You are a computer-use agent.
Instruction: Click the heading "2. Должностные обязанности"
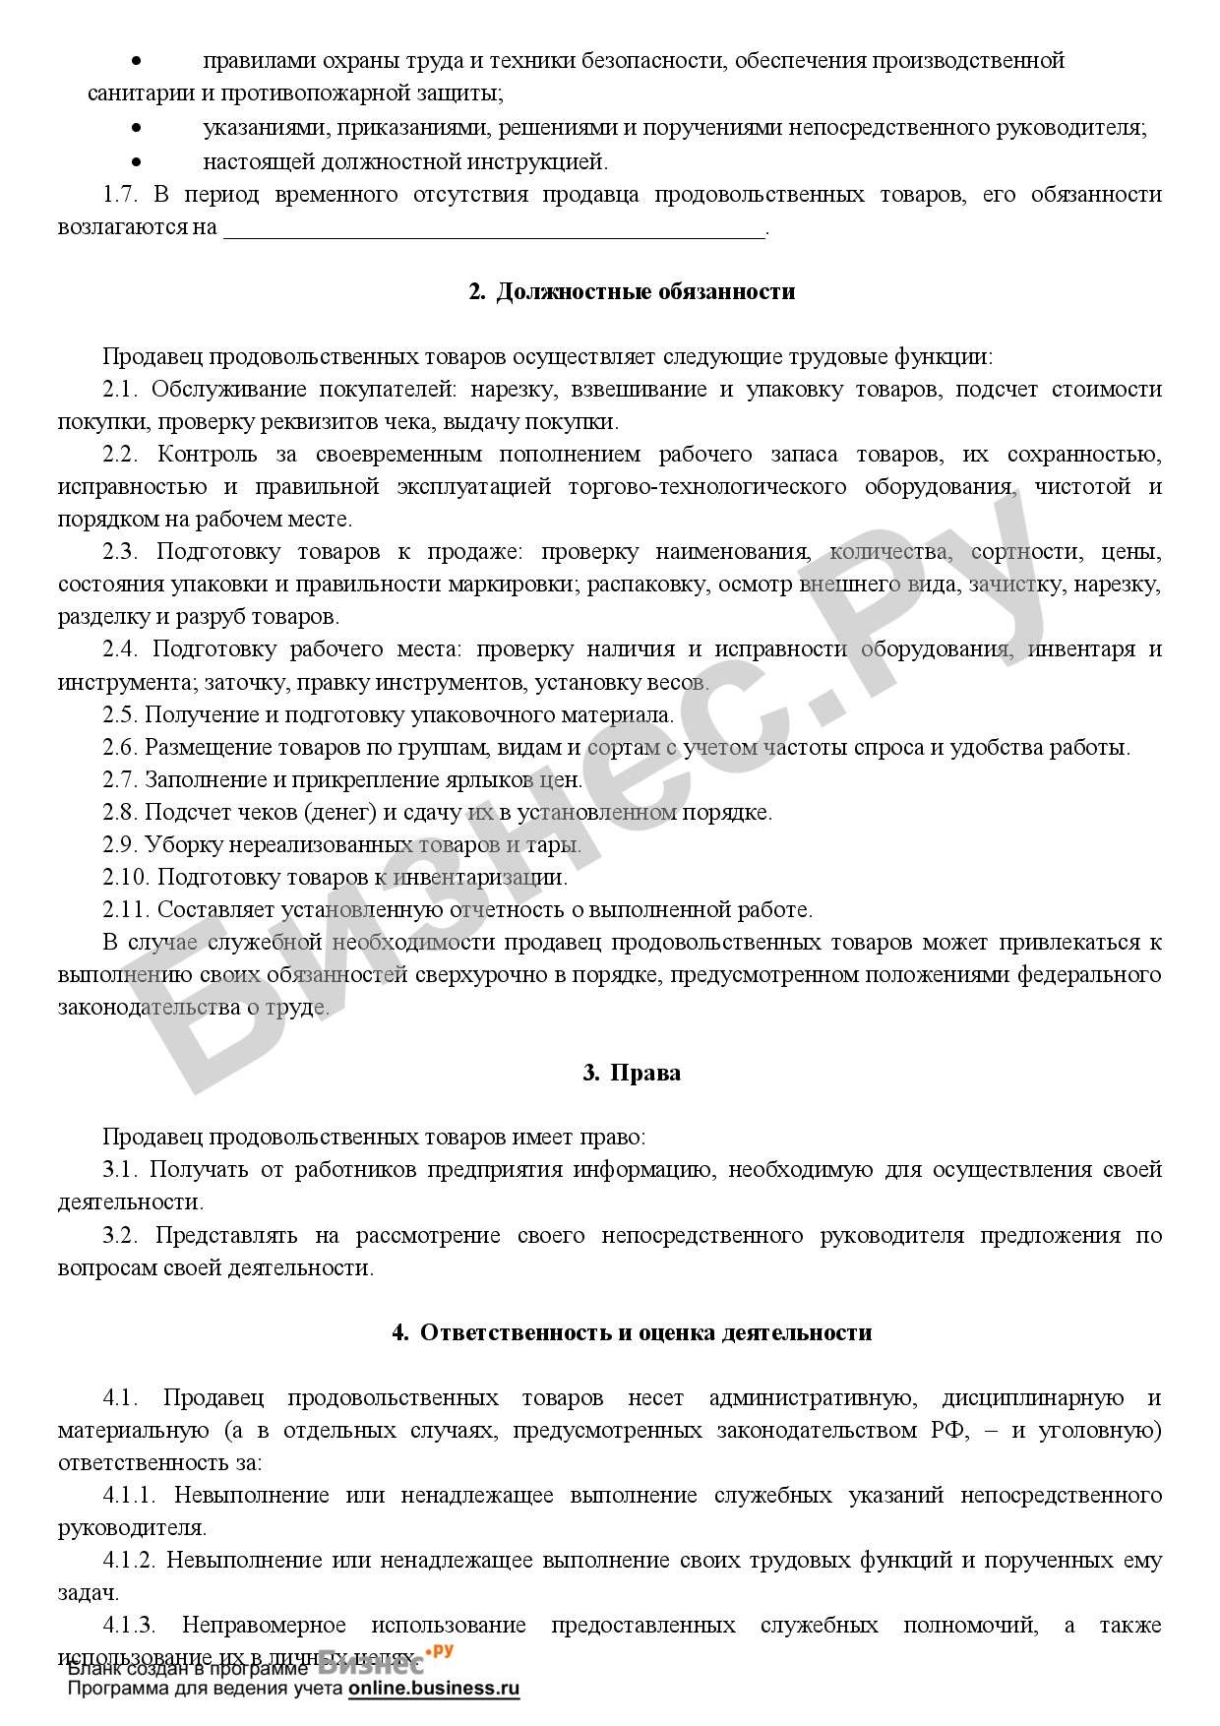pos(631,292)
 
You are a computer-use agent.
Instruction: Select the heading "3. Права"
pos(631,1073)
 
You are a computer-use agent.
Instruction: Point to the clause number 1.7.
pos(121,195)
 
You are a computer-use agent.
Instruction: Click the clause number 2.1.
pos(121,390)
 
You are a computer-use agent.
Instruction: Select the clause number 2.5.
pos(121,715)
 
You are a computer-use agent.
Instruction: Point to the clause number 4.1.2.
pos(130,1561)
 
